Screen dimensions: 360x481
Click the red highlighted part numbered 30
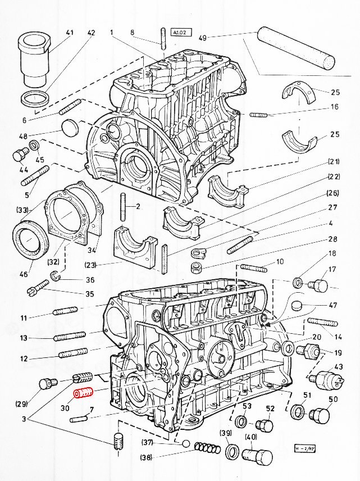pyautogui.click(x=82, y=393)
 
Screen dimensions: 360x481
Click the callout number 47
pyautogui.click(x=332, y=306)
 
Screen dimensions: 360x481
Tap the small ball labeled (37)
pyautogui.click(x=186, y=443)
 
